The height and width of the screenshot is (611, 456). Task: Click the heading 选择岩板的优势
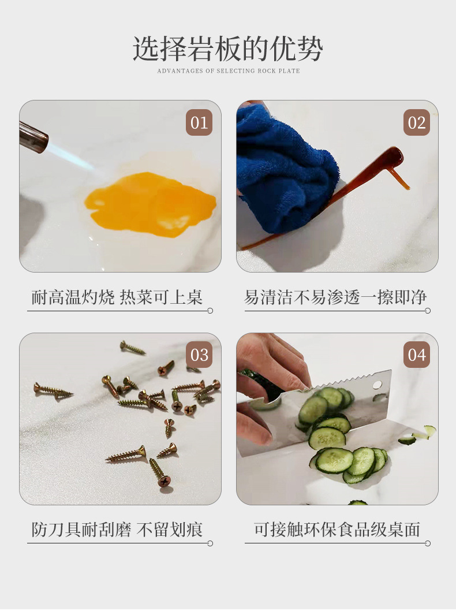228,49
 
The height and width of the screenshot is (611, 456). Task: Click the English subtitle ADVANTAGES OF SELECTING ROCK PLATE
229,71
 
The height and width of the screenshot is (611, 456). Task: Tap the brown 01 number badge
199,123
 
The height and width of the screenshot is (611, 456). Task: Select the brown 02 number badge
416,123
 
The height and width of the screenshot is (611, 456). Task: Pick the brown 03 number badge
199,355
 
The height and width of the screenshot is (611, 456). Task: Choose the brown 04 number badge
416,355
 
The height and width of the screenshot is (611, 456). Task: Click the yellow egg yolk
150,204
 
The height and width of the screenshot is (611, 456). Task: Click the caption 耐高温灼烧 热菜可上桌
117,297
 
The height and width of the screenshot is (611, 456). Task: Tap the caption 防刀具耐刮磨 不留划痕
117,530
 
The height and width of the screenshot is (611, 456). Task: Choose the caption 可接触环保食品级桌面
337,530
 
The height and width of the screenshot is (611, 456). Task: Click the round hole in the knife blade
377,385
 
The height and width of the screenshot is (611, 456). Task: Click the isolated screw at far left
53,390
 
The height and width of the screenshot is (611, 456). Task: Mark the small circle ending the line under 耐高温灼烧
210,311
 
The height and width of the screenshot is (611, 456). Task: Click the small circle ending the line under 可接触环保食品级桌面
428,543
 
